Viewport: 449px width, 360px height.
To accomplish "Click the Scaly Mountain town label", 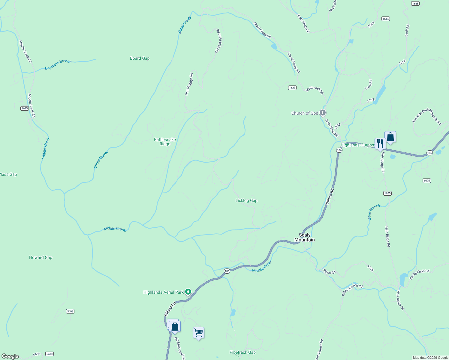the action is coord(304,237).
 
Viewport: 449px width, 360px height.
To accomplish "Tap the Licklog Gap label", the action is coord(246,200).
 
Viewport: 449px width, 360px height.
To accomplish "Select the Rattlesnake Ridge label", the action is coord(165,142).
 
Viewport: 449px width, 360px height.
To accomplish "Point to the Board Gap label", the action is coord(140,58).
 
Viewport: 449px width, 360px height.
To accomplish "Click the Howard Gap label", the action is coord(41,257).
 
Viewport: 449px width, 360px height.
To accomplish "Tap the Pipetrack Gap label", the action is coord(243,352).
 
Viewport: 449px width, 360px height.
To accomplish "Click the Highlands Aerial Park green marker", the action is coord(188,292).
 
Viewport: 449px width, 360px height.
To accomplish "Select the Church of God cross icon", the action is coord(323,113).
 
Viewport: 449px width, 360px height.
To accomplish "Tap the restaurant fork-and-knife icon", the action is coord(380,143).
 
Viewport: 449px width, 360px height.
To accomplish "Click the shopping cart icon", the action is coord(198,332).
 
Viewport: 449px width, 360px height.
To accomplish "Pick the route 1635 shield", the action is coord(25,108).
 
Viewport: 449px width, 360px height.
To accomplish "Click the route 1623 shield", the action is coord(292,88).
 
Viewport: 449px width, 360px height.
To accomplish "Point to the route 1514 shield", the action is coord(386,19).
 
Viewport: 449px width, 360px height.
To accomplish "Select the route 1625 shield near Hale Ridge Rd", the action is coord(387,193).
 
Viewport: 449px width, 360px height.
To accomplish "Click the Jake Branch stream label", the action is coord(374,211).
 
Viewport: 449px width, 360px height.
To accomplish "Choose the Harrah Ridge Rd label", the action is coord(189,84).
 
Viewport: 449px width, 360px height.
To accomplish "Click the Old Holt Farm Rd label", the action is coord(218,41).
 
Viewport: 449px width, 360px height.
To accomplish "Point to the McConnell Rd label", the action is coord(314,90).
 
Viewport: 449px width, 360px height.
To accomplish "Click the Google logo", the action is coord(10,356).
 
